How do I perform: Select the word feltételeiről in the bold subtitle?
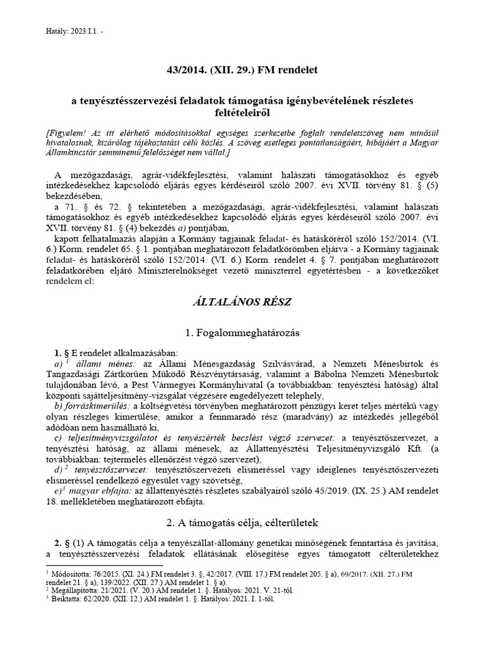point(242,112)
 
